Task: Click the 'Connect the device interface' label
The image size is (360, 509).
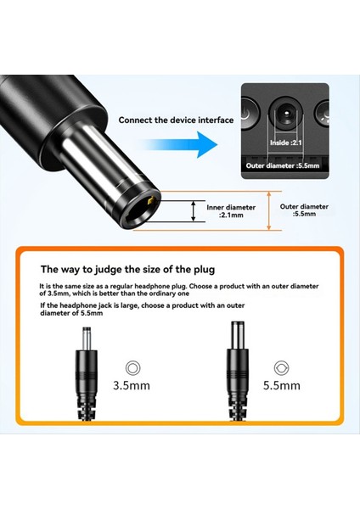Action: coord(176,120)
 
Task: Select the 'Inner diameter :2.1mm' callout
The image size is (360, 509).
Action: coord(225,210)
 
